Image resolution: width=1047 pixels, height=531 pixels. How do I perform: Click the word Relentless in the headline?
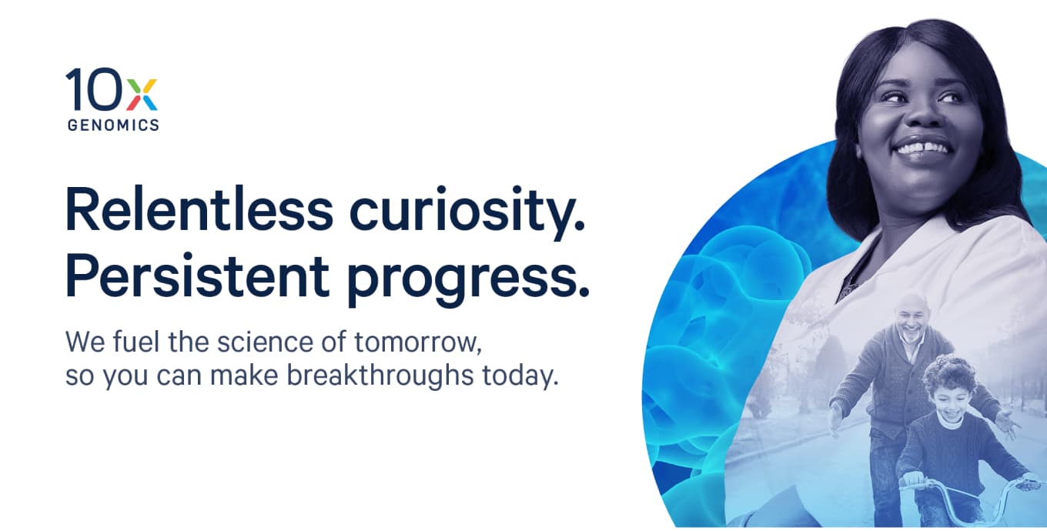click(199, 209)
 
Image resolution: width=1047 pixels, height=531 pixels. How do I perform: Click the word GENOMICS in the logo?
click(113, 125)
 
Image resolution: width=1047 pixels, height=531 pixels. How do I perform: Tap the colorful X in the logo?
click(142, 95)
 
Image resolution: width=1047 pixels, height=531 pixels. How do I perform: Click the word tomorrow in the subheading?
click(418, 342)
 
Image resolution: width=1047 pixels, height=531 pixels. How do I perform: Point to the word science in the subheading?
click(265, 342)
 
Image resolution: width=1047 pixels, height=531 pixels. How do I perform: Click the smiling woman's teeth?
click(923, 149)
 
